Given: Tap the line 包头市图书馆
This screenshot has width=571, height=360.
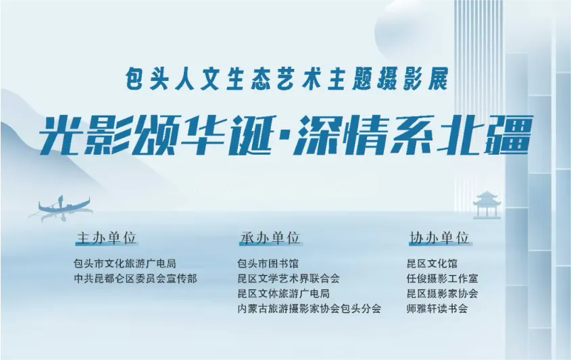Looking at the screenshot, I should click(268, 263).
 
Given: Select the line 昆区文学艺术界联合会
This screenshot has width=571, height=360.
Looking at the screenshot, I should click(288, 278).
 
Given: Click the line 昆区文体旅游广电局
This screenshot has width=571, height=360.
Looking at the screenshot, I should click(283, 294).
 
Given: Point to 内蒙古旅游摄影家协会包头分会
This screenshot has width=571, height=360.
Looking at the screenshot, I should click(309, 309).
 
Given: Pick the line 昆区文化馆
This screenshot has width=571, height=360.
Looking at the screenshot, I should click(432, 263).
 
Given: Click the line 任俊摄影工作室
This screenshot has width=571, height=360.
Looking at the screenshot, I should click(442, 278).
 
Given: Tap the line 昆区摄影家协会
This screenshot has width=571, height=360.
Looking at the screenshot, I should click(442, 294).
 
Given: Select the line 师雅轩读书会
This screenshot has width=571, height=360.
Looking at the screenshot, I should click(437, 309).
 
